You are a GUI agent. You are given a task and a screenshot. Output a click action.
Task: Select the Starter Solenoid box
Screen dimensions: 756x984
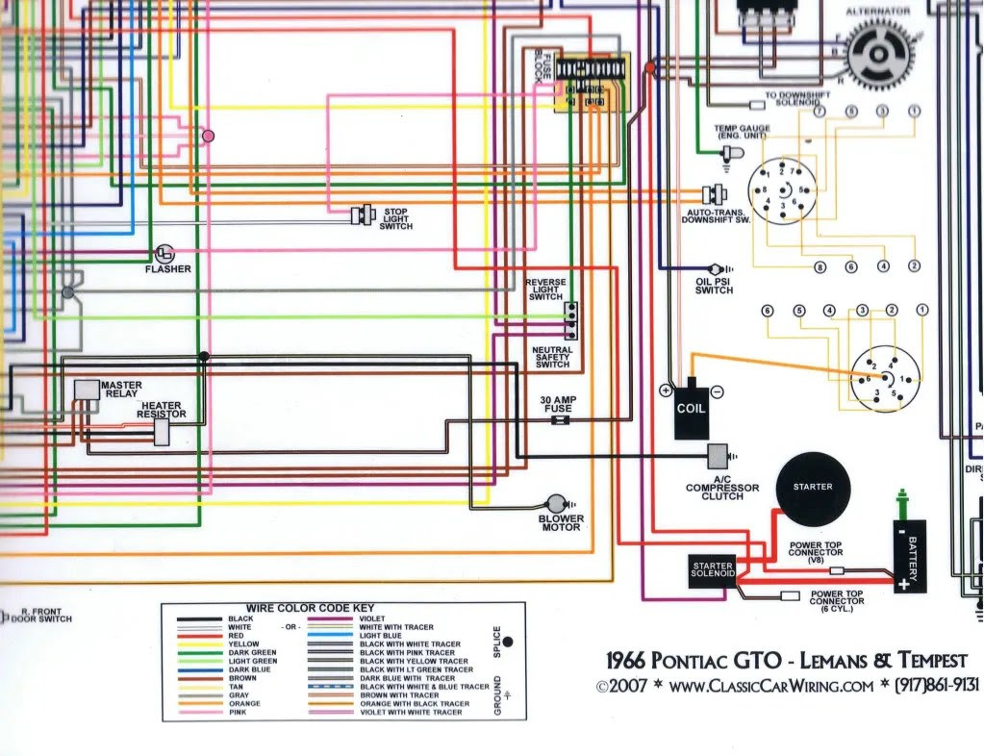[713, 570]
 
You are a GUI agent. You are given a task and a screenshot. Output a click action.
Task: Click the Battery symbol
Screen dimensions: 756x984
[909, 556]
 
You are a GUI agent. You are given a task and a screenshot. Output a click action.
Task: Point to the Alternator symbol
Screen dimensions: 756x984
[877, 53]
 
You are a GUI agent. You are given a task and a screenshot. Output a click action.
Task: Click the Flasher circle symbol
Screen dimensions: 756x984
[164, 253]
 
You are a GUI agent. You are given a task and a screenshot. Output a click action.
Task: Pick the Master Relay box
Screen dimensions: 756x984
[87, 389]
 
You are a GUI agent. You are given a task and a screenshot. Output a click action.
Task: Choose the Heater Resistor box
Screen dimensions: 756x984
[162, 433]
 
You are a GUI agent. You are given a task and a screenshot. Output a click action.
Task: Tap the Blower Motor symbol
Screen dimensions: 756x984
[557, 504]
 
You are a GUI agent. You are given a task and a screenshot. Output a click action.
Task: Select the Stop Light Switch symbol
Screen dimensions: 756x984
[363, 215]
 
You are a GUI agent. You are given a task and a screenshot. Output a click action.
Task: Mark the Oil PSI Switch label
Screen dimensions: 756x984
[714, 285]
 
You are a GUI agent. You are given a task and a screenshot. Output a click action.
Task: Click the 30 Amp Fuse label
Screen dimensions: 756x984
[558, 404]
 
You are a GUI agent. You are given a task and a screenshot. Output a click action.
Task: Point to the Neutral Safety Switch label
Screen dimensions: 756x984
[552, 357]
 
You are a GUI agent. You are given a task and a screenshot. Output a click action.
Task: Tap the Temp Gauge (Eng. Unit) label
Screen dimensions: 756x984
[740, 133]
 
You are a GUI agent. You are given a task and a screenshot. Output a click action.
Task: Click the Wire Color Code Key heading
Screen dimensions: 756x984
[310, 609]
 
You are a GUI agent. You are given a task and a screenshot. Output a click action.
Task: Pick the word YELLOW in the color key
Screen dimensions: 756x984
[243, 644]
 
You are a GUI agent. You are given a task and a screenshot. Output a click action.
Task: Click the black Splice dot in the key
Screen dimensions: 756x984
[508, 641]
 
